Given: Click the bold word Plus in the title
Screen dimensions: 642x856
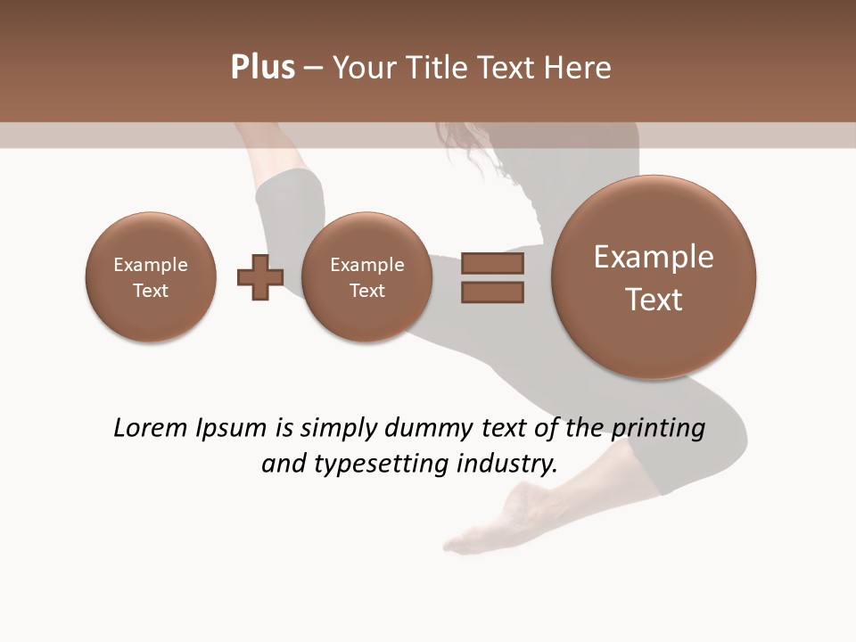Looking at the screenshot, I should coord(262,68).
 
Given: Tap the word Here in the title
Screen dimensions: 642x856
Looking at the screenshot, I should coord(578,68).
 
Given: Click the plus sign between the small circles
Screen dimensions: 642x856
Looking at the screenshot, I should coord(260,277).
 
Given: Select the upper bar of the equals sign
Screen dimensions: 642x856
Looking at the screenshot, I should coord(492,263).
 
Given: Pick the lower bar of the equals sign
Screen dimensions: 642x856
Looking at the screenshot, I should coord(492,292).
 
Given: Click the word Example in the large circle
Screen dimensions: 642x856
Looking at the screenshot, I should coord(654,257).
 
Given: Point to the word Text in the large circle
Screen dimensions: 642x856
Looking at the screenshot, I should coord(654,300).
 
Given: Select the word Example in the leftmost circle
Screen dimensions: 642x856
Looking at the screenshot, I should coord(151,265).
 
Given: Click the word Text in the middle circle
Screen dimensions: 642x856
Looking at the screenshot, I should coord(366,291).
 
